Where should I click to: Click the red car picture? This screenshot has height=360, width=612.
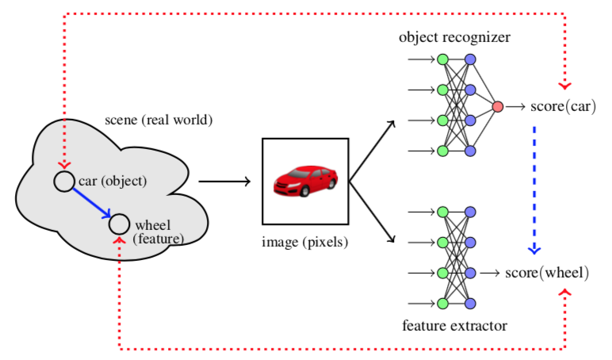coord(306,181)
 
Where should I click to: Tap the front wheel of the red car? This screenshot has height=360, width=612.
coord(304,190)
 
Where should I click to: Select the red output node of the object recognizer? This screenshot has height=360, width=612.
coord(498,106)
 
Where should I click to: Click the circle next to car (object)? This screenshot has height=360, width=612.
coord(64,182)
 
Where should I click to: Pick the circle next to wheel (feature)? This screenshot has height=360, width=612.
coord(119,224)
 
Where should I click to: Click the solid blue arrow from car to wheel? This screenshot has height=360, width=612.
coord(92,203)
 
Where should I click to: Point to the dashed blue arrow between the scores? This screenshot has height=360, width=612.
coord(534,190)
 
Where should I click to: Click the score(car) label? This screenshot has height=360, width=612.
coord(563,106)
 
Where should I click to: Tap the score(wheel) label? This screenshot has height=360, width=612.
coord(547,273)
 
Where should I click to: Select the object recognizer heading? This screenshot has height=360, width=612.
coord(454,37)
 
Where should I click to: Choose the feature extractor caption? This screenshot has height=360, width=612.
coord(455,325)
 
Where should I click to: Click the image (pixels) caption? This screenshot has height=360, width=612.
coord(305,242)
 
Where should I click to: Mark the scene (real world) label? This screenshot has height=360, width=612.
coord(159,120)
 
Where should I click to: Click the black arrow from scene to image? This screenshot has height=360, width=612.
coord(224,181)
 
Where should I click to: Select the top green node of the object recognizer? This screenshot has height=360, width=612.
coord(442,59)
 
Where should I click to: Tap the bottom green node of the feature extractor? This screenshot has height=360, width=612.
coord(442,304)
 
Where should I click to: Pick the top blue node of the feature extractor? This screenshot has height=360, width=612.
coord(470,212)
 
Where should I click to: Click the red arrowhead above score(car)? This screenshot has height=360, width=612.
coord(564,86)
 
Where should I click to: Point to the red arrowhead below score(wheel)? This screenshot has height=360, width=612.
coord(564,293)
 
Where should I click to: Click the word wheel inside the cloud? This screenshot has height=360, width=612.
coord(153,225)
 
